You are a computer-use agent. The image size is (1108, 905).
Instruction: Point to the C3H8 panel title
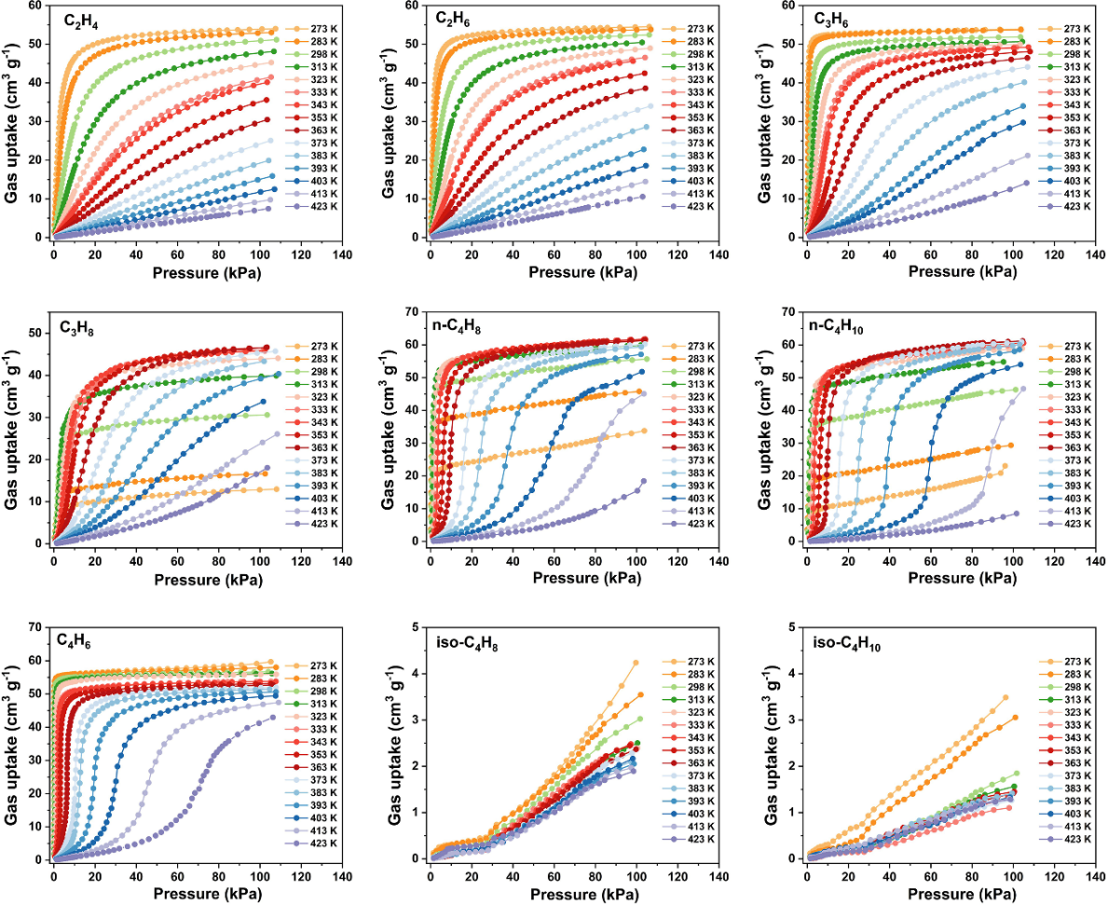tap(84, 331)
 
